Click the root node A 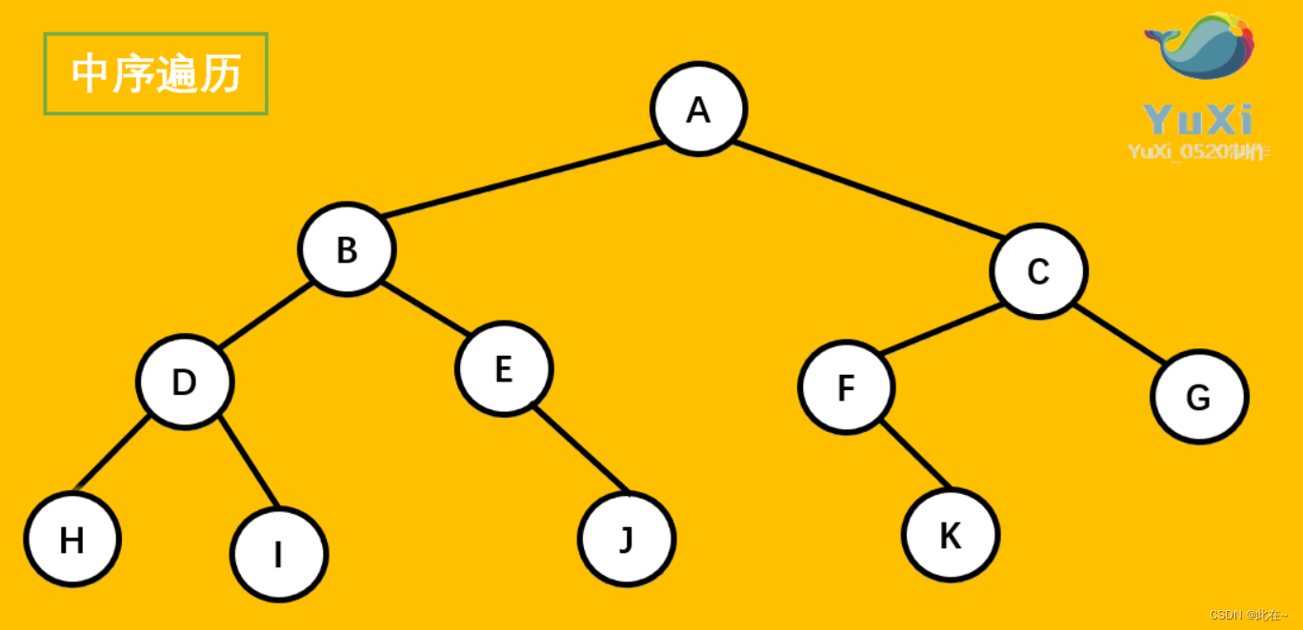[699, 109]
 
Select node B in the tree [347, 249]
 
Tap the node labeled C [1038, 271]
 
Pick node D [185, 382]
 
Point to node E [504, 368]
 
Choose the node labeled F [846, 387]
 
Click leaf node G [1198, 397]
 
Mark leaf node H [72, 540]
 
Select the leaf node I [279, 554]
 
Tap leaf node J [626, 539]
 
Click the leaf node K [951, 535]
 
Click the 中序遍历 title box [156, 73]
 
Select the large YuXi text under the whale [1197, 120]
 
